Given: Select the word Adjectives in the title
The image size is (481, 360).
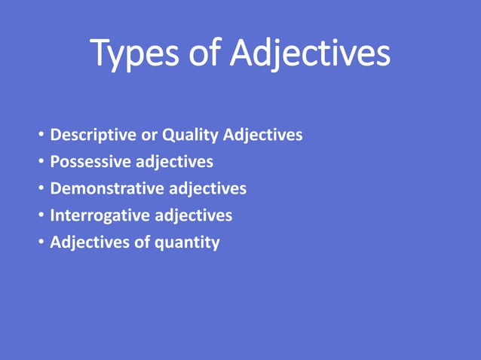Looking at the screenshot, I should coord(311,54).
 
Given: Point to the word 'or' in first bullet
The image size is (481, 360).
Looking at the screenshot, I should coord(149,136).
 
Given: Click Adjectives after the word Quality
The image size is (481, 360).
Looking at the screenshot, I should coord(263,136).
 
